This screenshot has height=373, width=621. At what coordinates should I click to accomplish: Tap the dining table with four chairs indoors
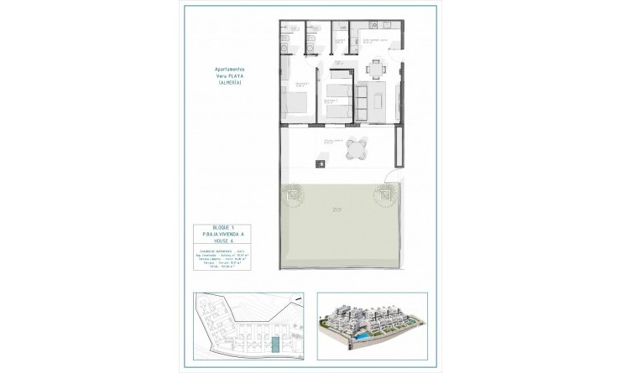click(x=374, y=69)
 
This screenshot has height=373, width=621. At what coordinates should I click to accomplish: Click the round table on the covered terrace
click(x=357, y=148)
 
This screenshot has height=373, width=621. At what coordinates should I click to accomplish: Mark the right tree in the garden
click(x=386, y=195)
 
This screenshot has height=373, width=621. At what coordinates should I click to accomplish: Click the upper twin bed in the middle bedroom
click(x=337, y=89)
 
